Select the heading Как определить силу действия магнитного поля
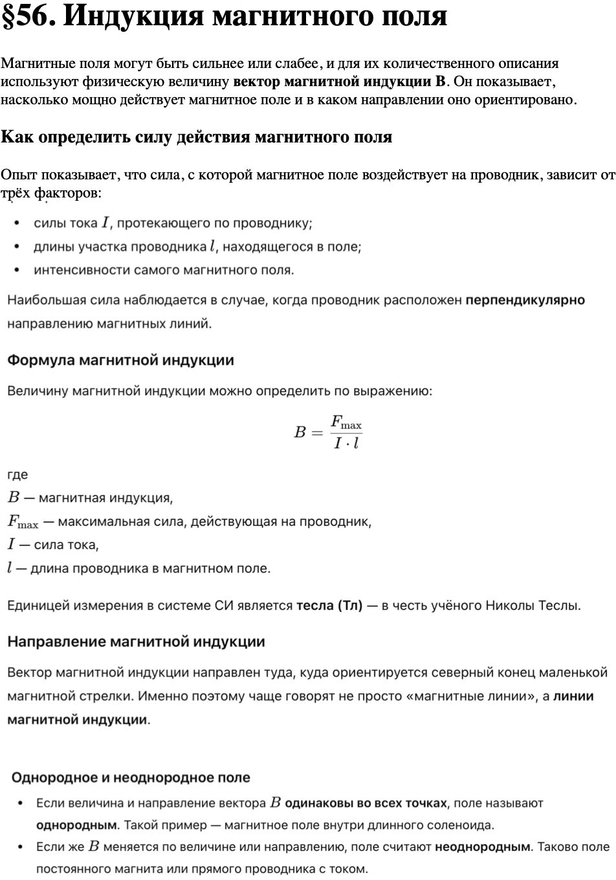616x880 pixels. coord(197,137)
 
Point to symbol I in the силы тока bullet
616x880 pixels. coord(105,223)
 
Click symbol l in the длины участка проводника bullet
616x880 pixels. coord(212,247)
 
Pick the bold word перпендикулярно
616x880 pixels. coord(525,300)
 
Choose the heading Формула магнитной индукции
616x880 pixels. coord(120,360)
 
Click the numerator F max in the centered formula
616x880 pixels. coord(346,423)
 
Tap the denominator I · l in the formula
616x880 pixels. coord(346,444)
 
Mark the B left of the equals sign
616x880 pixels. coord(300,433)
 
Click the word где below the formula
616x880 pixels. coord(17,475)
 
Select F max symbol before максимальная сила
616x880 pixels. coord(23,522)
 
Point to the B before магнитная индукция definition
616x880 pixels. coord(14,498)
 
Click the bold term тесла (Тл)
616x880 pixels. coord(329,606)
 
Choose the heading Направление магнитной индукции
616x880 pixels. coord(136,642)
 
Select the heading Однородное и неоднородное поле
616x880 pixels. coord(131,778)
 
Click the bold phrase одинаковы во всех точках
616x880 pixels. coord(366,804)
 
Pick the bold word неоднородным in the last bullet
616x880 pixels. coord(483,847)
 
